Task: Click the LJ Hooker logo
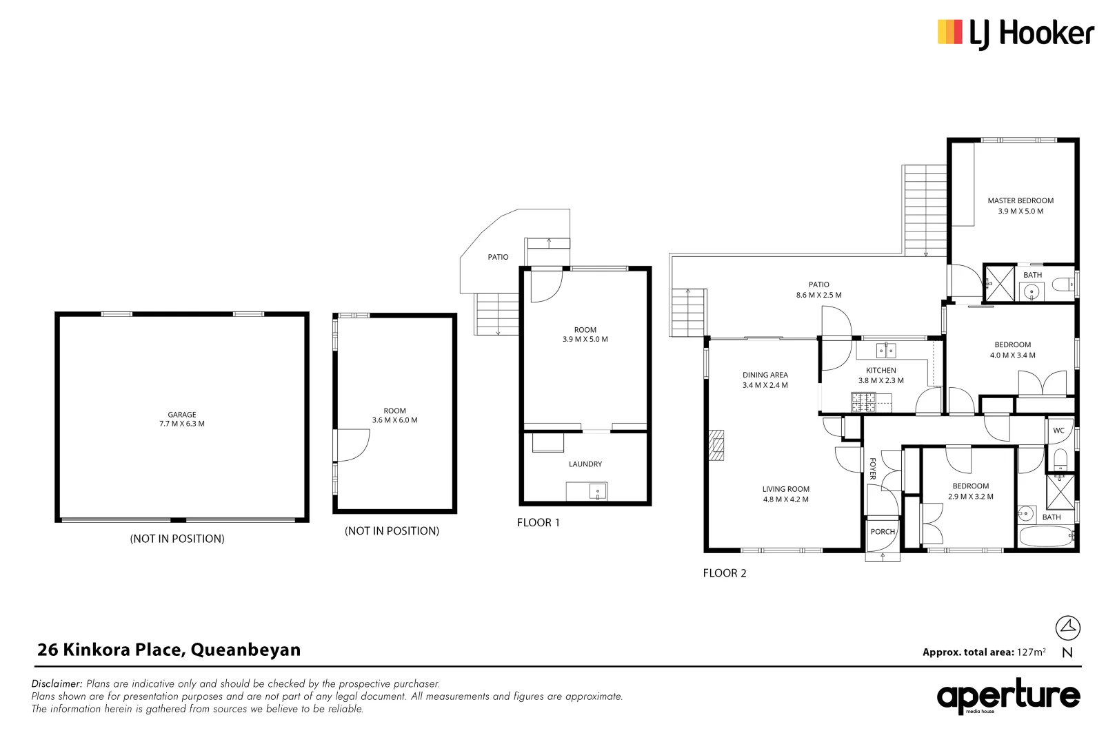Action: click(1016, 34)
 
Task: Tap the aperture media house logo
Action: click(1009, 696)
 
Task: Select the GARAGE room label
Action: click(182, 415)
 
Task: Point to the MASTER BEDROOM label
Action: click(1020, 201)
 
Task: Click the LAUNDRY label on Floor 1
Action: click(585, 464)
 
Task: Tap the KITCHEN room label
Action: click(881, 370)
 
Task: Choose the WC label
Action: click(1058, 431)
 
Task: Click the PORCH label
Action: click(883, 532)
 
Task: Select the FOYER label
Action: click(873, 468)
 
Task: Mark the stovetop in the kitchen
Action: click(863, 402)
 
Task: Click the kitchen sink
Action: click(886, 351)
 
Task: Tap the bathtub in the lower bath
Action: click(1046, 537)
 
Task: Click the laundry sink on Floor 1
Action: click(597, 491)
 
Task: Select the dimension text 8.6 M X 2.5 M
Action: click(819, 295)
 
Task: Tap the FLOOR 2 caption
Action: click(725, 574)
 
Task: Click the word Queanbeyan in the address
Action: click(246, 650)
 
